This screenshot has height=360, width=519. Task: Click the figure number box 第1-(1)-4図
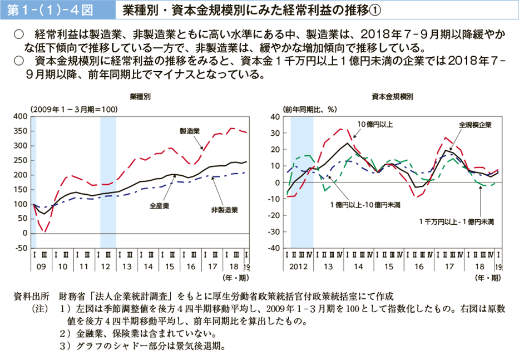tap(55, 9)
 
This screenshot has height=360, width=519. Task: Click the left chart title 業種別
tap(140, 96)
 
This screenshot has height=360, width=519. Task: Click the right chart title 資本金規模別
tap(393, 96)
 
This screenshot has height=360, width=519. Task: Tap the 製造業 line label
tap(190, 131)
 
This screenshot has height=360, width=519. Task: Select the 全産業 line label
tap(160, 205)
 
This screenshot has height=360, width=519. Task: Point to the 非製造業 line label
tap(225, 210)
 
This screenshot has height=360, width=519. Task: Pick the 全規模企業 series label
tap(476, 125)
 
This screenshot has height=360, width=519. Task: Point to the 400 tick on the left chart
tap(21, 116)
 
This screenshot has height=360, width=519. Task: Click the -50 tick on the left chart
tap(21, 248)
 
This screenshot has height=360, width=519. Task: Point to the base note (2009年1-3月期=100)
tap(73, 109)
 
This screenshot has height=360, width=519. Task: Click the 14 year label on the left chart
tap(149, 267)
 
